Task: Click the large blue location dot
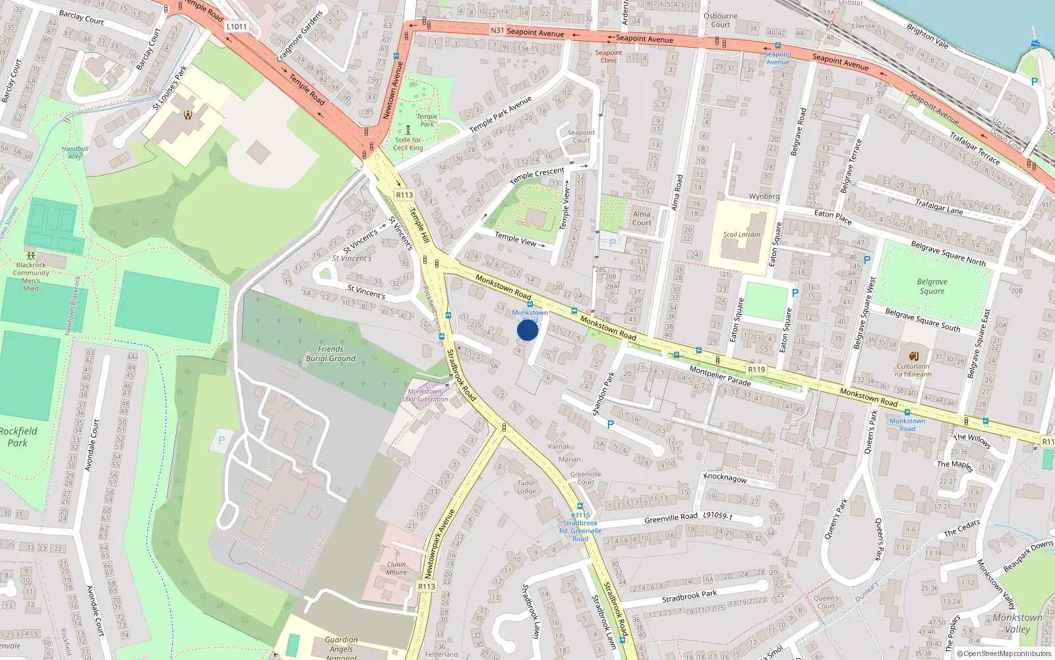click(527, 330)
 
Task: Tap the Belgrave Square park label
click(932, 286)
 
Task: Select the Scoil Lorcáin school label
click(741, 234)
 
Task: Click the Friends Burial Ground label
click(330, 354)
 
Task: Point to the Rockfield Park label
click(18, 437)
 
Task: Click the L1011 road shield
click(236, 27)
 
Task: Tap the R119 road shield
click(756, 370)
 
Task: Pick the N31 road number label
click(497, 30)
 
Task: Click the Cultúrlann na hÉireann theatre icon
click(913, 356)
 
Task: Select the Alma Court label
click(642, 218)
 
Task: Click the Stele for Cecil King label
click(408, 144)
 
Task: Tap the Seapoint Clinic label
click(608, 57)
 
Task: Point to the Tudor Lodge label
click(526, 487)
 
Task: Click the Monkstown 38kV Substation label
click(425, 395)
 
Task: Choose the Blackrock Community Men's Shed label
click(31, 277)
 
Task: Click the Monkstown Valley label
click(1017, 623)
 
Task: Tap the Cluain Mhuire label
click(396, 568)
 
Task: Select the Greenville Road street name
click(671, 519)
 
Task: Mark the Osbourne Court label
click(720, 20)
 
